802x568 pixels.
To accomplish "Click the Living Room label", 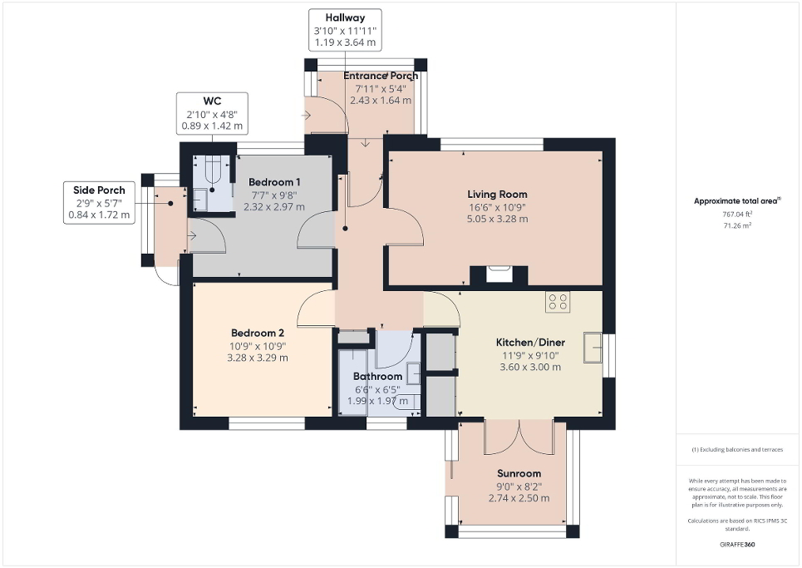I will tap(497, 195).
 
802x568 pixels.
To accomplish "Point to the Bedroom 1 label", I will tap(274, 182).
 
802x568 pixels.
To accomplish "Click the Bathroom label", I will tap(379, 377).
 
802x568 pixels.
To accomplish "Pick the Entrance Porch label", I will tap(381, 76).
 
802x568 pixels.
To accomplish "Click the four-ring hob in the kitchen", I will tap(558, 302).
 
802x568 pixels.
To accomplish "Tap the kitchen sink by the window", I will tap(593, 347).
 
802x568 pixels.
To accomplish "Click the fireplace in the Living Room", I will tap(499, 274).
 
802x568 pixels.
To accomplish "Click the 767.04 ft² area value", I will tap(739, 214).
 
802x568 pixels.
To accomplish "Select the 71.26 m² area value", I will tap(739, 225).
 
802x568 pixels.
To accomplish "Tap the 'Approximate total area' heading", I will tap(737, 200).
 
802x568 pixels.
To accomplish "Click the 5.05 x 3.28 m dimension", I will tap(497, 220).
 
